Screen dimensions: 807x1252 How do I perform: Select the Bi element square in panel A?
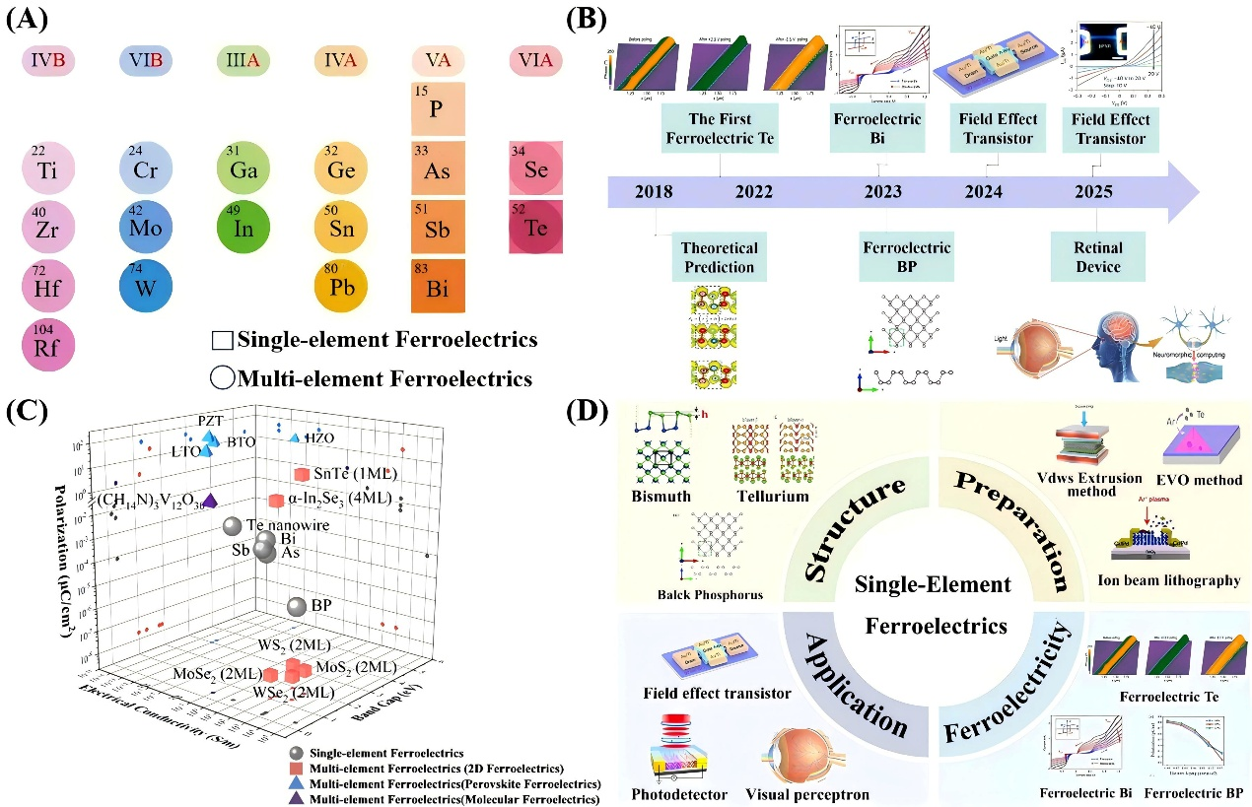(x=439, y=285)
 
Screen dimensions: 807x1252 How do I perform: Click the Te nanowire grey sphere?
(x=232, y=528)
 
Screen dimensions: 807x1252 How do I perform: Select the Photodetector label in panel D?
(x=677, y=793)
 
